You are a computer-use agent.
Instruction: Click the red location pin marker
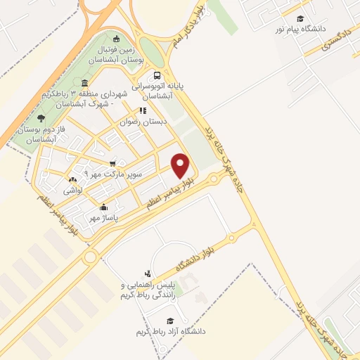pos(181,165)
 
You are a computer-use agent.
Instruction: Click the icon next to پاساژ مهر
pos(103,207)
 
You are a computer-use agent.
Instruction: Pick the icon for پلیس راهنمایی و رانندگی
pos(147,274)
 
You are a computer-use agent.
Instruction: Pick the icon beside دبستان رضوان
pos(143,110)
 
